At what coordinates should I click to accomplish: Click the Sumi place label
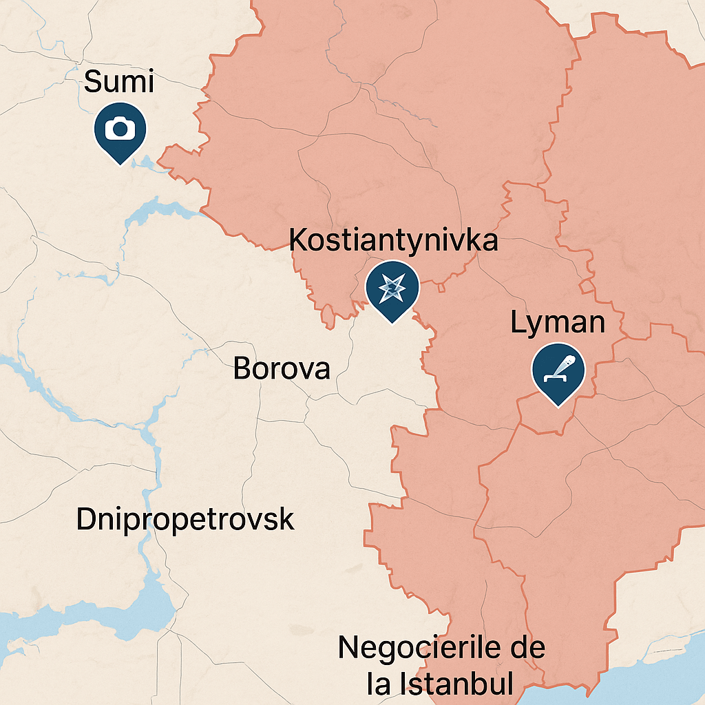coord(118,83)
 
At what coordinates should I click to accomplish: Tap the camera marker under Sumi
coord(120,130)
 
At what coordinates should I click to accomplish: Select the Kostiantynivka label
coord(393,240)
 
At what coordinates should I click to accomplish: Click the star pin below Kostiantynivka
coord(392,290)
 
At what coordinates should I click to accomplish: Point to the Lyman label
coord(558,323)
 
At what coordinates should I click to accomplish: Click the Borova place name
coord(282,368)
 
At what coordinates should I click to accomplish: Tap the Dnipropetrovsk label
coord(185,519)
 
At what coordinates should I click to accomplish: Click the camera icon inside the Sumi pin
coord(120,128)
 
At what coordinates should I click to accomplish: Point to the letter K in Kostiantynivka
coord(297,240)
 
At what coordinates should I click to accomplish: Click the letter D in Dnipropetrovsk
coord(85,519)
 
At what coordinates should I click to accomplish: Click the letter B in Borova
coord(242,368)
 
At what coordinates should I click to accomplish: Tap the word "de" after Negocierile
coord(527,648)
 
